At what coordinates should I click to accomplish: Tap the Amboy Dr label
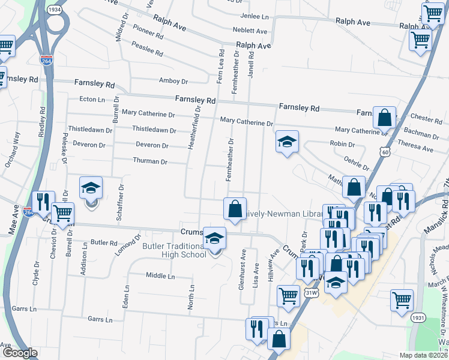pyautogui.click(x=173, y=81)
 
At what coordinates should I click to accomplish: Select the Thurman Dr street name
pyautogui.click(x=149, y=161)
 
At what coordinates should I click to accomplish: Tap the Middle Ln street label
pyautogui.click(x=160, y=276)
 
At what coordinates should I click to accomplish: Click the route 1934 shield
pyautogui.click(x=54, y=10)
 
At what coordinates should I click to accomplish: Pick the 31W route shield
pyautogui.click(x=310, y=292)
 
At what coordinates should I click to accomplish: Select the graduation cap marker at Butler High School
pyautogui.click(x=214, y=238)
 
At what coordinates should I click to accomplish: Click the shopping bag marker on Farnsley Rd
pyautogui.click(x=384, y=118)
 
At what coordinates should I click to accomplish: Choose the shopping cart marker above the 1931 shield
pyautogui.click(x=402, y=299)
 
